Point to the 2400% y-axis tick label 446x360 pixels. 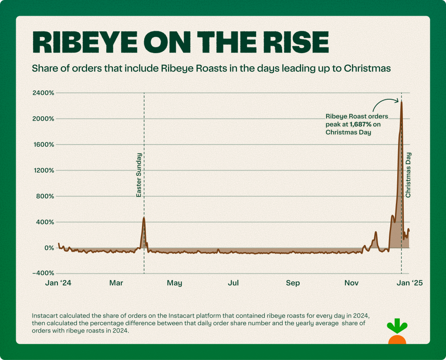click(42, 93)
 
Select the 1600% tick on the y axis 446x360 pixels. click(43, 145)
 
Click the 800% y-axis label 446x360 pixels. click(44, 196)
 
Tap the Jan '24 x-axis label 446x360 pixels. click(58, 283)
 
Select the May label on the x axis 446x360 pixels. click(174, 283)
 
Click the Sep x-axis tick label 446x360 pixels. click(293, 283)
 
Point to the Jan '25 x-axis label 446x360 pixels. click(409, 283)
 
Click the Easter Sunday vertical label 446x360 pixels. click(139, 175)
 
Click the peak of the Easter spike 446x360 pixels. click(144, 218)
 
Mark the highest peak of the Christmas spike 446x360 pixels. click(401, 101)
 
